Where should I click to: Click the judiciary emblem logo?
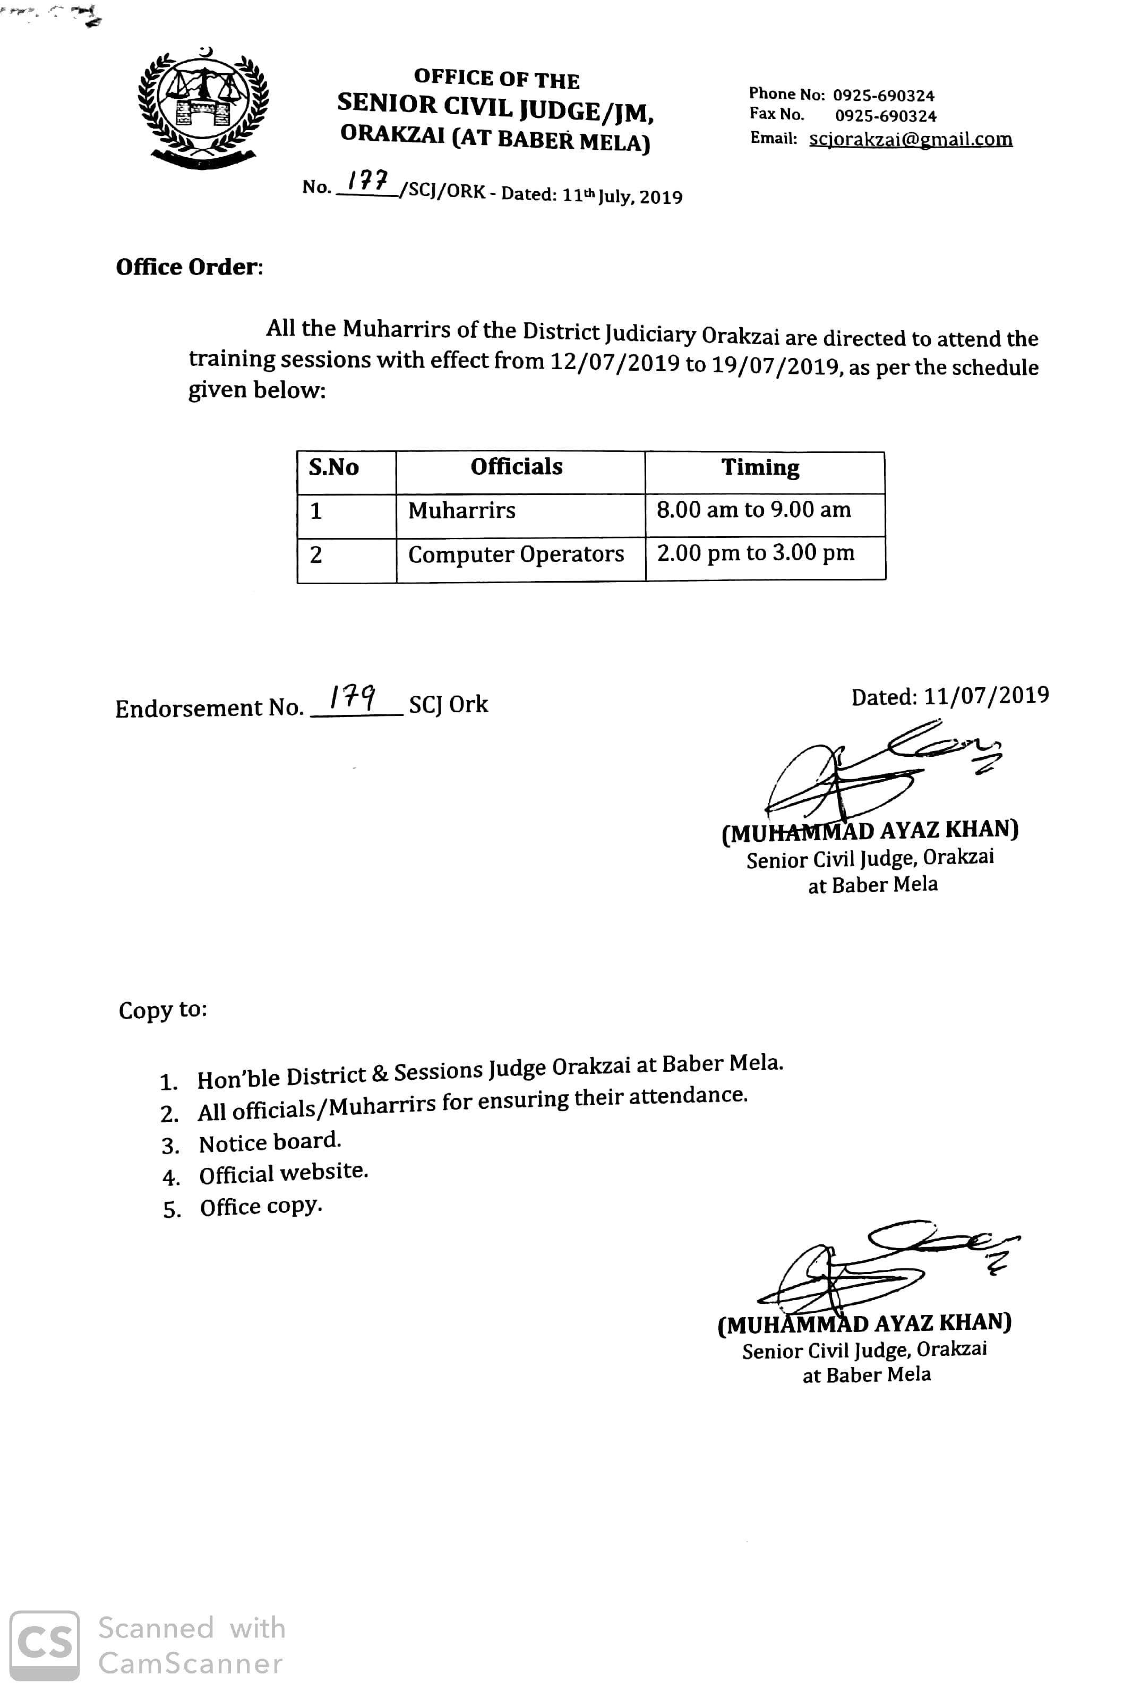[x=203, y=107]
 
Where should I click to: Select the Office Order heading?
[x=189, y=267]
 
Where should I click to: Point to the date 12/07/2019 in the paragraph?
[x=614, y=361]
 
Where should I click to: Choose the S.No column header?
[x=333, y=467]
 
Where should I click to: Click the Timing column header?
[x=760, y=468]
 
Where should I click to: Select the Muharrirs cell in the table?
[x=462, y=511]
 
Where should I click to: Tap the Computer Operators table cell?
[x=516, y=554]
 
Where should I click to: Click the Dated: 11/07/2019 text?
[x=949, y=696]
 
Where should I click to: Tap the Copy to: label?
[x=162, y=1010]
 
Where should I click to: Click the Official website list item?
[x=283, y=1174]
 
